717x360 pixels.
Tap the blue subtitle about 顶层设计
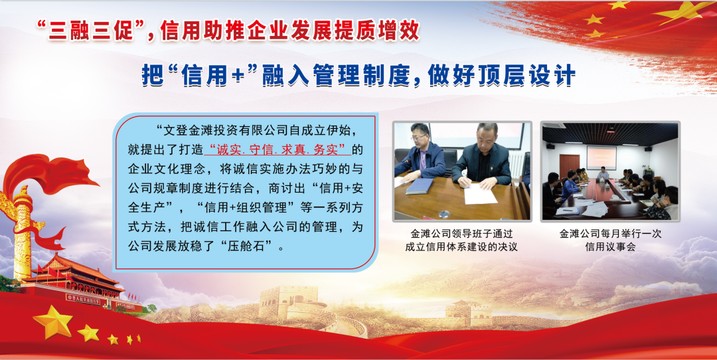[358, 75]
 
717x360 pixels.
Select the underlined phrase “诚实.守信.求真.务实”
[279, 149]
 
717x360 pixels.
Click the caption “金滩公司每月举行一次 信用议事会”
[611, 240]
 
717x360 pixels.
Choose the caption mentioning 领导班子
[461, 240]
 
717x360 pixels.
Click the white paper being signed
[480, 195]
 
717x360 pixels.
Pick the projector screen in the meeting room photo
[601, 157]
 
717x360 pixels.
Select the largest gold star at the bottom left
[52, 321]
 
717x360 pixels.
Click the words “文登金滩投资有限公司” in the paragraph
[222, 130]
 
